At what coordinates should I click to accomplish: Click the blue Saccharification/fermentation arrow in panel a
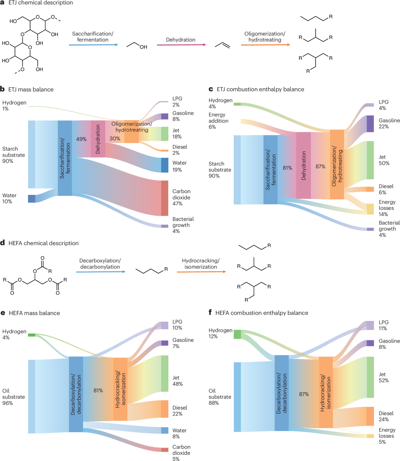coord(93,45)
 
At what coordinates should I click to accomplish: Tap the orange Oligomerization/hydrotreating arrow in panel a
coord(265,45)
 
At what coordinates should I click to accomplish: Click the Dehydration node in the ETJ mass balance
coord(98,139)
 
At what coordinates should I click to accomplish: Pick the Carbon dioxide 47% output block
coord(165,198)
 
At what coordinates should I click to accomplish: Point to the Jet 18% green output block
coord(165,133)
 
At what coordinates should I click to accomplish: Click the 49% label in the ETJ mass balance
coord(81,139)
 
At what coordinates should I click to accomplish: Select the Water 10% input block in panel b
coord(32,199)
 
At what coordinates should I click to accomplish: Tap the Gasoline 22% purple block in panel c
coord(370,124)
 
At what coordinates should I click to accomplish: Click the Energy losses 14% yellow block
coord(370,209)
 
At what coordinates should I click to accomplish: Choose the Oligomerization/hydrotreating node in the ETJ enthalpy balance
coord(337,164)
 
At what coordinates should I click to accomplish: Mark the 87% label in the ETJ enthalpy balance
coord(320,166)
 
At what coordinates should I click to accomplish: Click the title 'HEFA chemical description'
coord(44,243)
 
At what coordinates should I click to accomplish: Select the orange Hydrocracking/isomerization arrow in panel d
coord(201,272)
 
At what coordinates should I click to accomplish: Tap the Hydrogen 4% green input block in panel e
coord(31,335)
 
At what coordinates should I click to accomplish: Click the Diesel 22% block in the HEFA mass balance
coord(165,409)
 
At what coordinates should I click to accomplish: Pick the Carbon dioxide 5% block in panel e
coord(165,450)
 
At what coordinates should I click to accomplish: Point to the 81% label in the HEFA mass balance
coord(98,390)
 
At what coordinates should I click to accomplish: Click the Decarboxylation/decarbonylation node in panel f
coord(282,393)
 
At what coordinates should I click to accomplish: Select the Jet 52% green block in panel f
coord(370,377)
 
